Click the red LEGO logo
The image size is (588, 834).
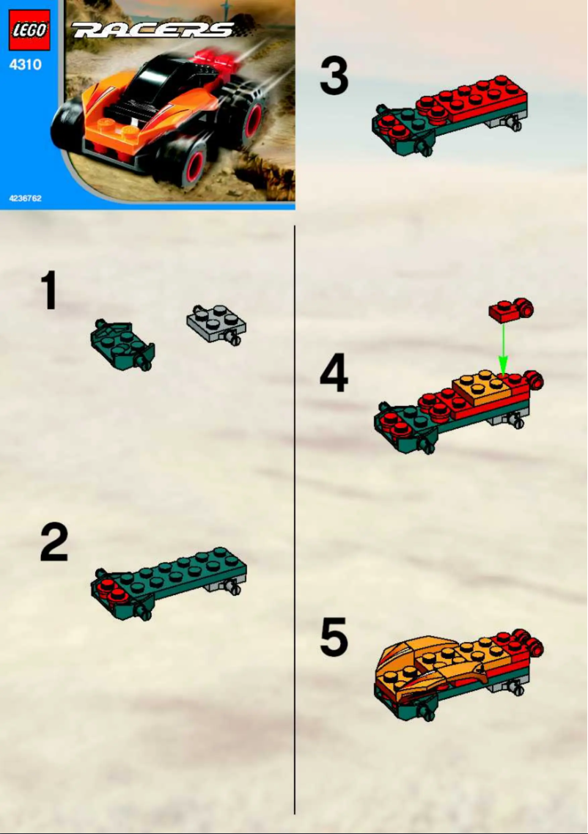(29, 30)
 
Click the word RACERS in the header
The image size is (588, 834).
(152, 30)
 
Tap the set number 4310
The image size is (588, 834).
(26, 65)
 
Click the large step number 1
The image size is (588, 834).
(49, 290)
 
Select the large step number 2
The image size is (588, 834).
(54, 542)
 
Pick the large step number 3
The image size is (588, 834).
(334, 77)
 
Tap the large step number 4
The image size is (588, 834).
(334, 374)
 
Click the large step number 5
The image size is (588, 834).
(334, 638)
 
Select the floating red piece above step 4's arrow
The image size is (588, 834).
(510, 311)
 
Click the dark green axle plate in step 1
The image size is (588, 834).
(122, 344)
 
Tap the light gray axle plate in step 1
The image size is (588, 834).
(216, 323)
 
